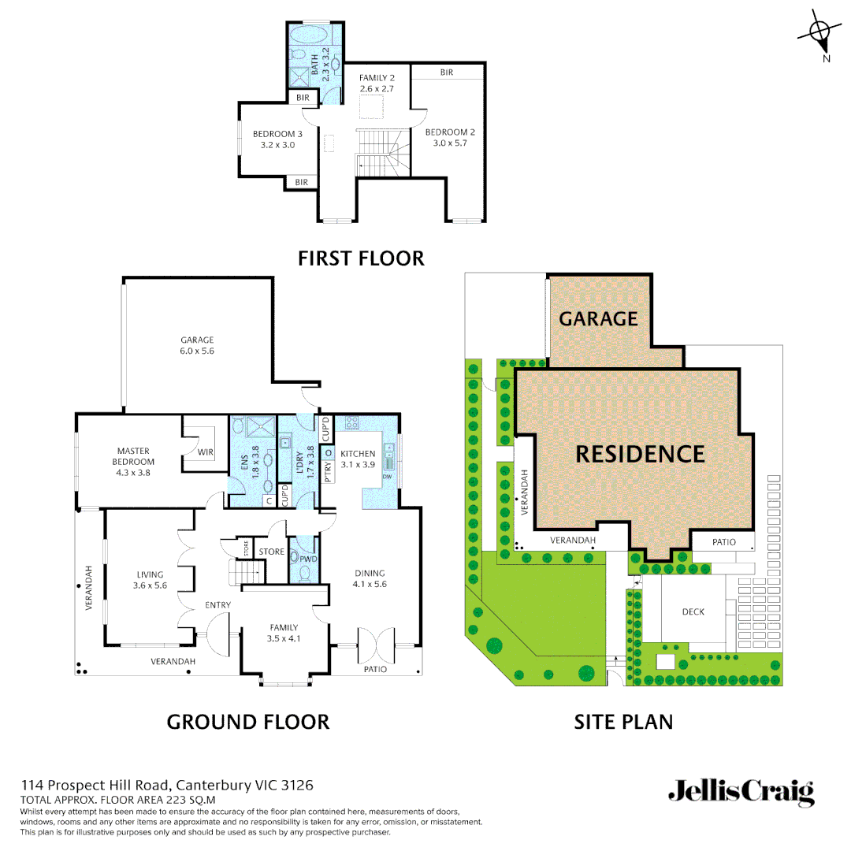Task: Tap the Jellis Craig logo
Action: point(741,791)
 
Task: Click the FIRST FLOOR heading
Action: point(361,258)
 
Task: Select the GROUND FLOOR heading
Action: point(247,721)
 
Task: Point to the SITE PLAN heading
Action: point(622,721)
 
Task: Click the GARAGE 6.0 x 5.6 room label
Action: point(197,345)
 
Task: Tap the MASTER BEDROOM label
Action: point(133,462)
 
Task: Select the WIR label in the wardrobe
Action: point(206,452)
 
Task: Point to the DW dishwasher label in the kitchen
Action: point(387,476)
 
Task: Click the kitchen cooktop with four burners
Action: point(351,422)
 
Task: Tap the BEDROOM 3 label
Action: point(277,139)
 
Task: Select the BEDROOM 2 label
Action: point(450,138)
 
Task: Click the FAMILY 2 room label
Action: point(377,84)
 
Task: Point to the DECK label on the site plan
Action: point(693,611)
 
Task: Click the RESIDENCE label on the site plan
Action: point(640,454)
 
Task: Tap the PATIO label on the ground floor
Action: point(374,669)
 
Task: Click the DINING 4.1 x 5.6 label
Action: point(370,578)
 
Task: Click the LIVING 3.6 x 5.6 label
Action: point(150,580)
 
